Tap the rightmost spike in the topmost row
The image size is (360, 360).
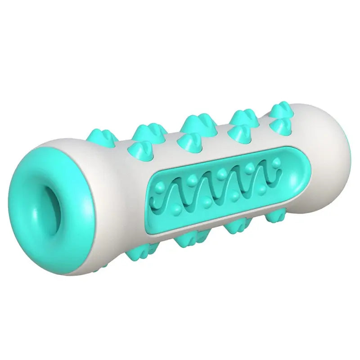coord(280,110)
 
